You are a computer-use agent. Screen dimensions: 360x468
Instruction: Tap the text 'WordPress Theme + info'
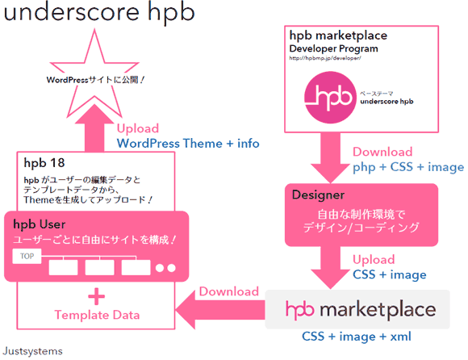(188, 143)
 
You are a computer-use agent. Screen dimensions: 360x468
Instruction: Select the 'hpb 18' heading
(44, 163)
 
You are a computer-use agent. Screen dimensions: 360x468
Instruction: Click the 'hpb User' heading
(40, 224)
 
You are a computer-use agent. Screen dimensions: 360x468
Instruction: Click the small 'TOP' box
(27, 257)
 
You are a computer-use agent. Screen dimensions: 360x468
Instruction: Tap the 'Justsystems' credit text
(33, 351)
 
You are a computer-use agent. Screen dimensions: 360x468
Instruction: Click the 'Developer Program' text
(333, 48)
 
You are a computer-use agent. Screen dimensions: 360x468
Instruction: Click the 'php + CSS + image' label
(407, 167)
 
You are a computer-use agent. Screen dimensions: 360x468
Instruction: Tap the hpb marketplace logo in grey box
(361, 309)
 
